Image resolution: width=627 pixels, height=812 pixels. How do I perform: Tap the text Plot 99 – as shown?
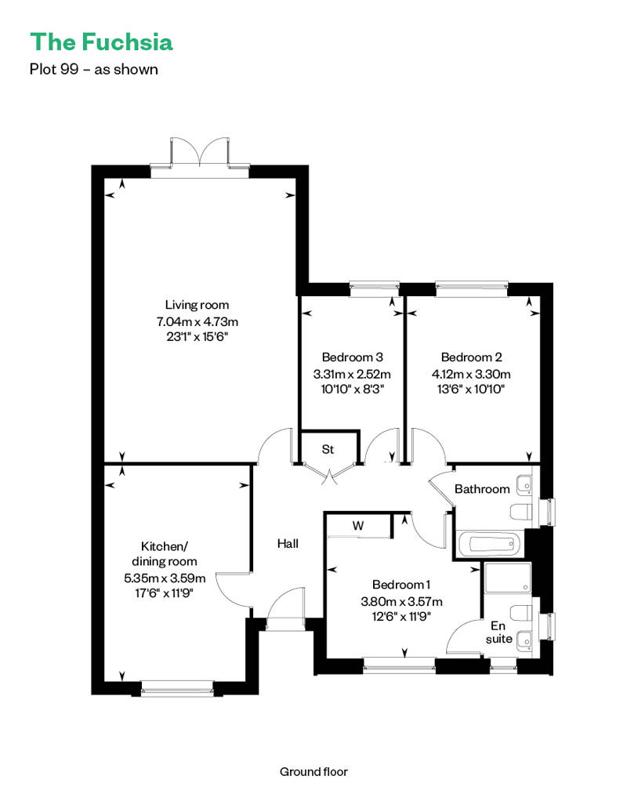pos(93,69)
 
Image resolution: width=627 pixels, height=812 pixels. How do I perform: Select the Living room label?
pos(197,305)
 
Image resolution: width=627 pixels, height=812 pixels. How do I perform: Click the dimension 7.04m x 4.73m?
pos(197,321)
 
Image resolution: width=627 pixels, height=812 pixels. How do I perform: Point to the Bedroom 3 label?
pos(352,357)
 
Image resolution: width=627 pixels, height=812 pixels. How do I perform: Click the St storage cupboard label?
pos(328,450)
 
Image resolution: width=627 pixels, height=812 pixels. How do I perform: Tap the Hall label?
pos(288,543)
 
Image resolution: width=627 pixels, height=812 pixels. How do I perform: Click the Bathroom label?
pos(482,489)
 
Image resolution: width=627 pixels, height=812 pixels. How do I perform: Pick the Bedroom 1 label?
pos(401,585)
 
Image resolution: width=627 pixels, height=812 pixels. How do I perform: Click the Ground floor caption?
pos(313,771)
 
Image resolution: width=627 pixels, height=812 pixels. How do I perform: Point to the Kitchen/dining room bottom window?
pos(176,691)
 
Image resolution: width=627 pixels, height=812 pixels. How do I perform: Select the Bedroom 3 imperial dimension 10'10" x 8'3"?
pos(352,389)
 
